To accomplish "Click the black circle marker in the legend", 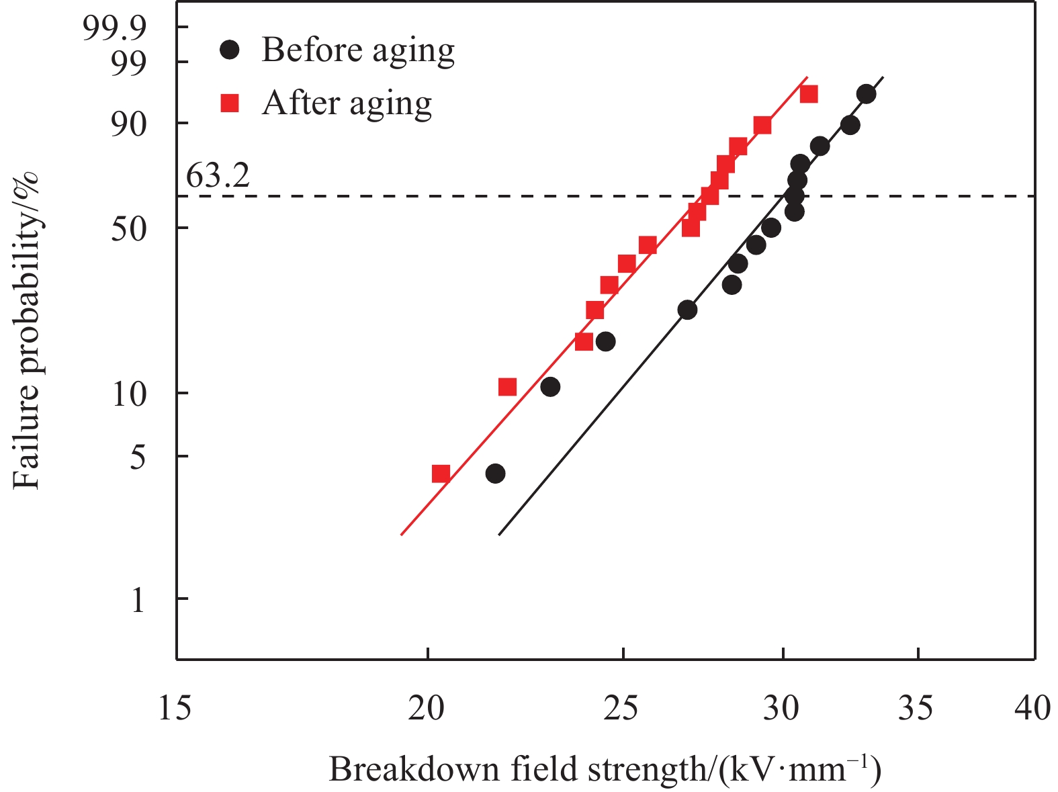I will pos(230,50).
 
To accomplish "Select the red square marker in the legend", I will pos(230,103).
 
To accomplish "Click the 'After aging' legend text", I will pos(347,104).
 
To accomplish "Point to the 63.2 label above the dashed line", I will pos(218,176).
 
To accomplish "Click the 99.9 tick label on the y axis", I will pos(114,28).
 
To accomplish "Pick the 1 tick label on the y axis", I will pos(138,599).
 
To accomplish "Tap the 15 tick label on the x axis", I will pos(175,708).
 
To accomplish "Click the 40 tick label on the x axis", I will pos(1033,708).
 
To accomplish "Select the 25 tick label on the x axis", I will pos(622,708).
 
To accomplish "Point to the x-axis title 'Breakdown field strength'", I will pos(605,769).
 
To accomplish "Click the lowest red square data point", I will pos(441,474).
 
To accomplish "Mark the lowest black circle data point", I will pos(495,474).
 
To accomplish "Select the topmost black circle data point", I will pos(867,94).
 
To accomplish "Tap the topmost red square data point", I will pos(809,94).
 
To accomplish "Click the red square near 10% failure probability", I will pos(508,387).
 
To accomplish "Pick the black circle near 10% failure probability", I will pos(550,387).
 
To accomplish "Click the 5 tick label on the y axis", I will pos(137,457).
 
